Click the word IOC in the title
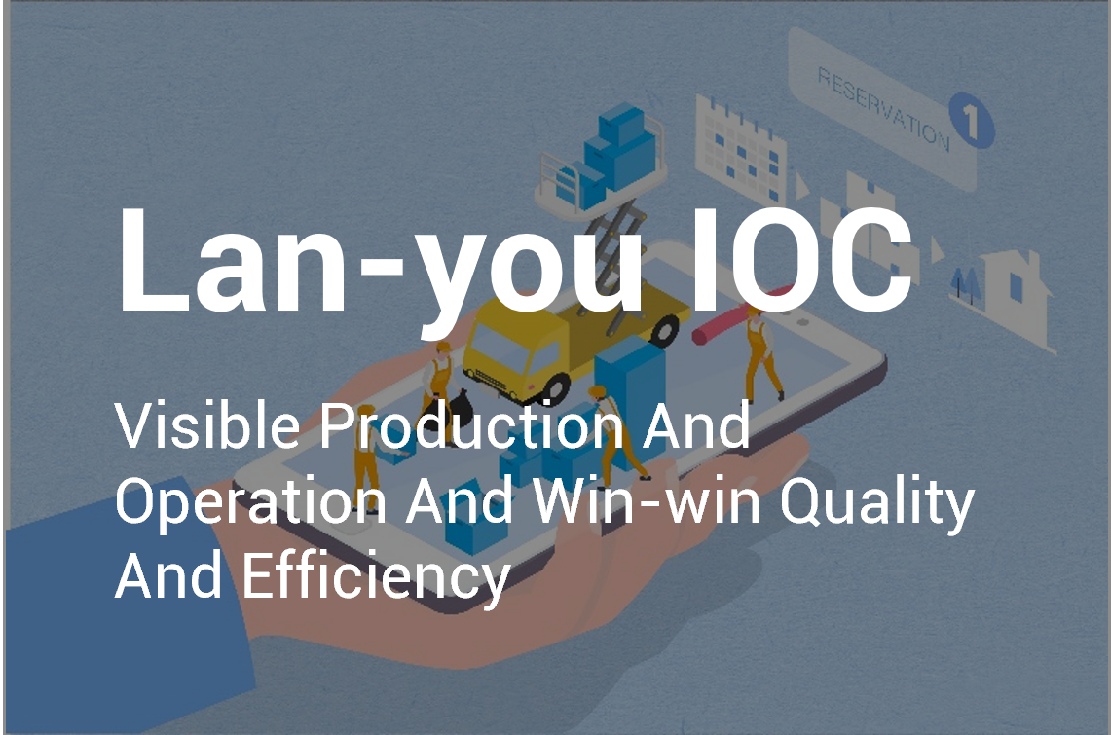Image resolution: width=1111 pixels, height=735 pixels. [800, 260]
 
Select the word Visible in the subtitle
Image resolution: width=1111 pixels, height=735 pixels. [206, 425]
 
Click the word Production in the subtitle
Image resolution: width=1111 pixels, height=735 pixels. [472, 425]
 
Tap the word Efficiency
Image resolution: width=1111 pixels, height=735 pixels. [376, 578]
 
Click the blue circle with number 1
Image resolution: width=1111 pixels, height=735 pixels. [972, 119]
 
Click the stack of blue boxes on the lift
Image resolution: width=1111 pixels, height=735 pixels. [611, 153]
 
